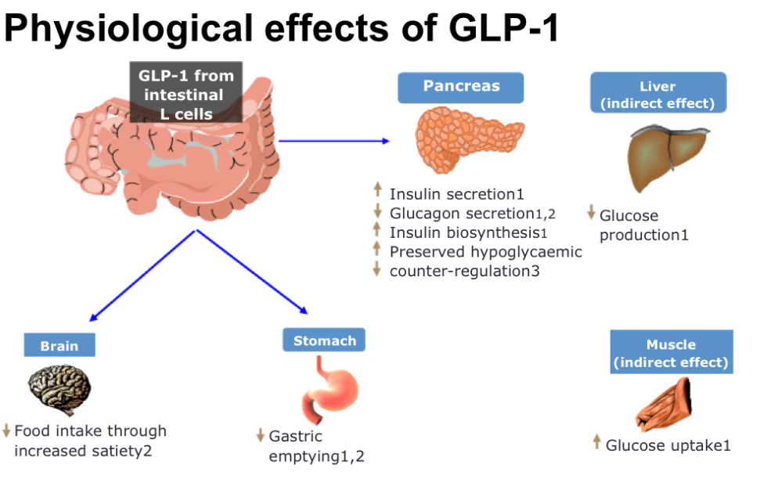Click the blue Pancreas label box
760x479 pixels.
click(461, 87)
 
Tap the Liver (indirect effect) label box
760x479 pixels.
click(657, 93)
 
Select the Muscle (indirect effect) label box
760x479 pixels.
click(671, 353)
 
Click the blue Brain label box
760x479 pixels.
click(60, 344)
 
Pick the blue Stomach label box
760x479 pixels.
click(324, 340)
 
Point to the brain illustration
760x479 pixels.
click(60, 388)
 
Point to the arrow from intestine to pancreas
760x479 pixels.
click(333, 141)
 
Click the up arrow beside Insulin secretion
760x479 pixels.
click(377, 190)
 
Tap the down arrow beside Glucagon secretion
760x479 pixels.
click(377, 211)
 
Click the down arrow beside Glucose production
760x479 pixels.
click(591, 212)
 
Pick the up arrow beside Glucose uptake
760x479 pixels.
click(596, 442)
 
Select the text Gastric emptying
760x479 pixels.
click(309, 446)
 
